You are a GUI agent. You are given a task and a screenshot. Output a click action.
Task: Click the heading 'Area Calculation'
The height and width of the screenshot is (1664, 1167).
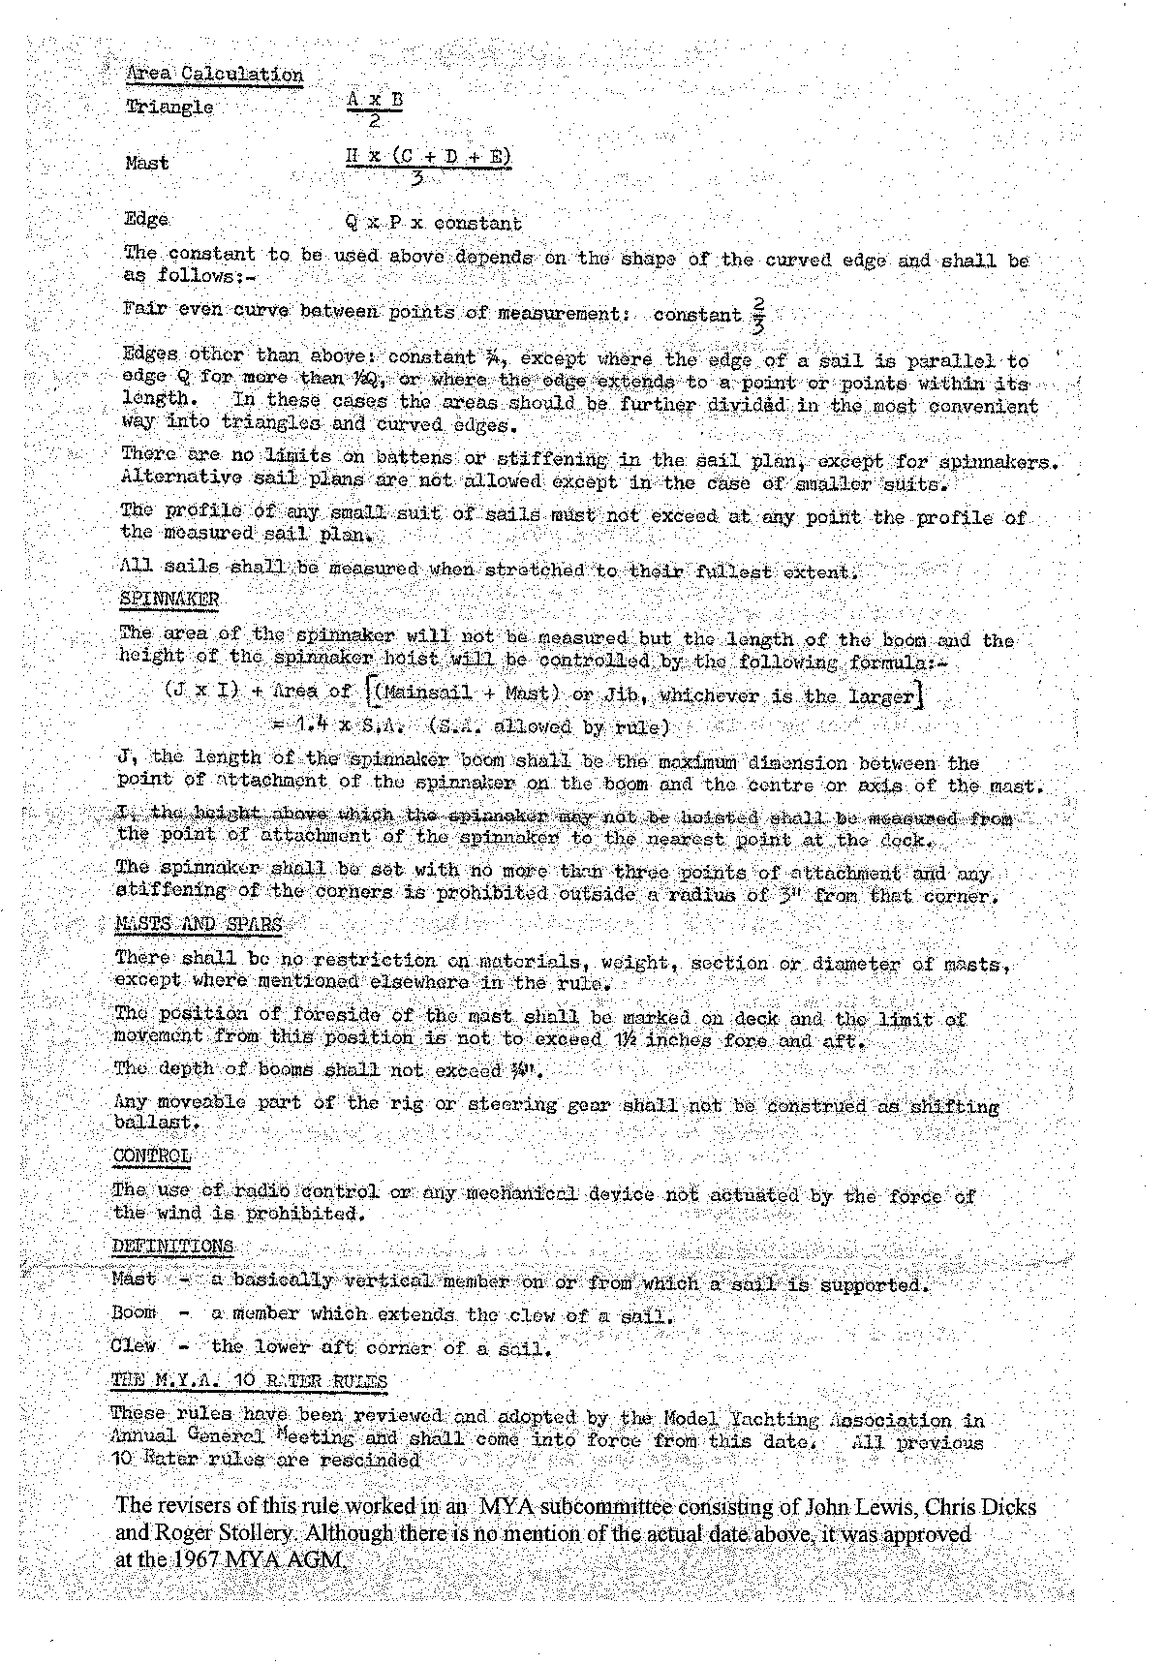[x=214, y=75]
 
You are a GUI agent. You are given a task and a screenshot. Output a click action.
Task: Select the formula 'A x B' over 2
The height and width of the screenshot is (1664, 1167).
[x=375, y=100]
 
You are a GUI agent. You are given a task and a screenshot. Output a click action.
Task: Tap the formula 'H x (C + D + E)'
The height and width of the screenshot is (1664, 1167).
[x=428, y=157]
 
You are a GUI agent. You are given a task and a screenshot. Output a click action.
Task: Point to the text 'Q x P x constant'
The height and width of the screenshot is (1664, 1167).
[x=434, y=223]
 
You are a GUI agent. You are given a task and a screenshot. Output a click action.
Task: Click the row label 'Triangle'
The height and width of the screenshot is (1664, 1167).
[x=169, y=107]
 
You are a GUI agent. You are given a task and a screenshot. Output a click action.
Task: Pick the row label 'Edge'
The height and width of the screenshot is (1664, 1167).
[x=146, y=219]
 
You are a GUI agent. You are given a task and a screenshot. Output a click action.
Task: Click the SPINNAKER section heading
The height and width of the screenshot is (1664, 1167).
[x=169, y=600]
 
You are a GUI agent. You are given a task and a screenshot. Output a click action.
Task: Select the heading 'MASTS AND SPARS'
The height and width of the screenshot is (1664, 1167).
[x=199, y=924]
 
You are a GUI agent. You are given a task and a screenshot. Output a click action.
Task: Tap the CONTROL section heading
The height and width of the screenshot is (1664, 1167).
[x=152, y=1156]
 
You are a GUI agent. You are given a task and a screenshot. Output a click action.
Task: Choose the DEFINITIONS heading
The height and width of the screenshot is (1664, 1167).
[x=172, y=1247]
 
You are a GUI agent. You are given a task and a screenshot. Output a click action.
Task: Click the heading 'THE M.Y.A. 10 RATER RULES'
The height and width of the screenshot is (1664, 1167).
[x=249, y=1381]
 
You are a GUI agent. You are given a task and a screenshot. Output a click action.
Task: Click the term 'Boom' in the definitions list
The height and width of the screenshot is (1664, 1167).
[x=134, y=1312]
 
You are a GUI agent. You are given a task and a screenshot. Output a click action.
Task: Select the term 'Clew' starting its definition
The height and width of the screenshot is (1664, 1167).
[x=134, y=1345]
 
